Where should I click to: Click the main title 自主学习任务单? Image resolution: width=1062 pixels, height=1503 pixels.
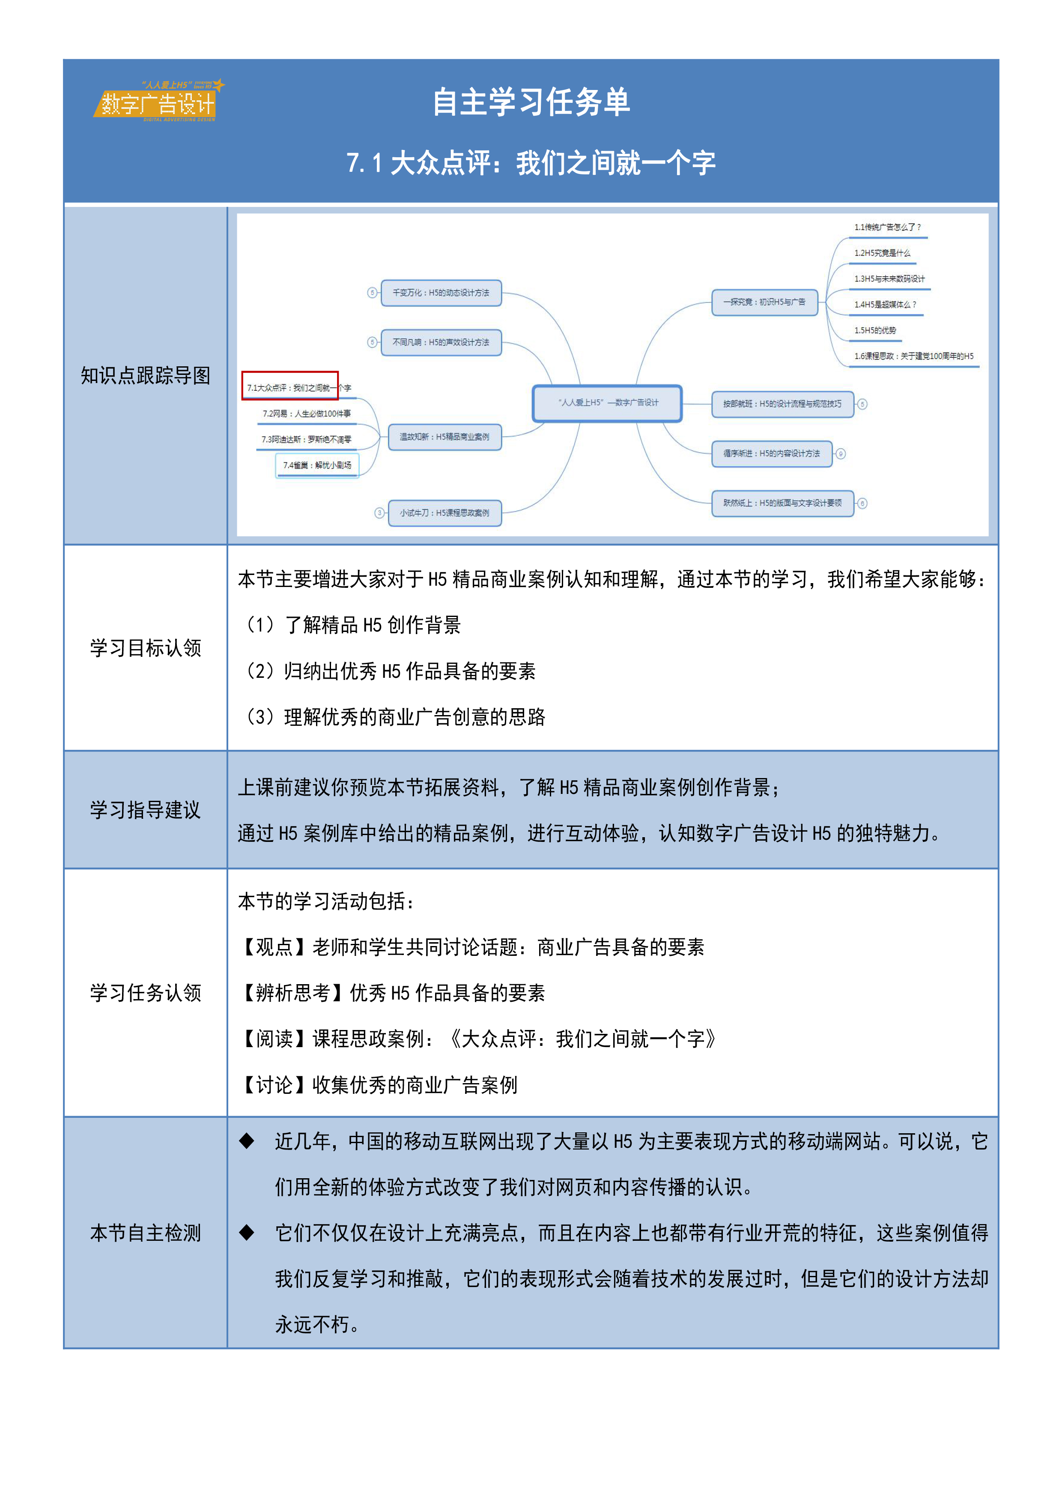point(531,102)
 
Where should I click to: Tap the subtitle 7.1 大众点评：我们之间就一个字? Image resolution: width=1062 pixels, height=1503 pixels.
point(531,163)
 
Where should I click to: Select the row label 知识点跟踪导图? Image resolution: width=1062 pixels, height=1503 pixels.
point(145,376)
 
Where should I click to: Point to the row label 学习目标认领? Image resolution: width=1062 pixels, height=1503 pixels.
point(145,648)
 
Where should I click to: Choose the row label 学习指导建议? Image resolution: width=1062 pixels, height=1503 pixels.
point(145,810)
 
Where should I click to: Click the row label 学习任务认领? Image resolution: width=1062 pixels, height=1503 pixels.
point(145,992)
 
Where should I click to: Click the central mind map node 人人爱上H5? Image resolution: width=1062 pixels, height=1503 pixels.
point(607,403)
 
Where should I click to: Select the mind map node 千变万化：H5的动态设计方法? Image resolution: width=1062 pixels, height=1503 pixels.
point(441,293)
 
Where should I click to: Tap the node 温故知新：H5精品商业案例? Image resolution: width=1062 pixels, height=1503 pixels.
point(444,437)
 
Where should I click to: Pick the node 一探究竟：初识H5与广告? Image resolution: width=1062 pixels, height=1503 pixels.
point(764,302)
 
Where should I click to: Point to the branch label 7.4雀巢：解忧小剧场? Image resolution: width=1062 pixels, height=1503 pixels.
point(317,465)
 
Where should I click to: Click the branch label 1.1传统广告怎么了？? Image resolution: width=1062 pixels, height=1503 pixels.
point(886,227)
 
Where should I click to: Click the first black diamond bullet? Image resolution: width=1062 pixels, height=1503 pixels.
point(247,1141)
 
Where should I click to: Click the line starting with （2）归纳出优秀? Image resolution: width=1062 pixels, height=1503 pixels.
point(390,671)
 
